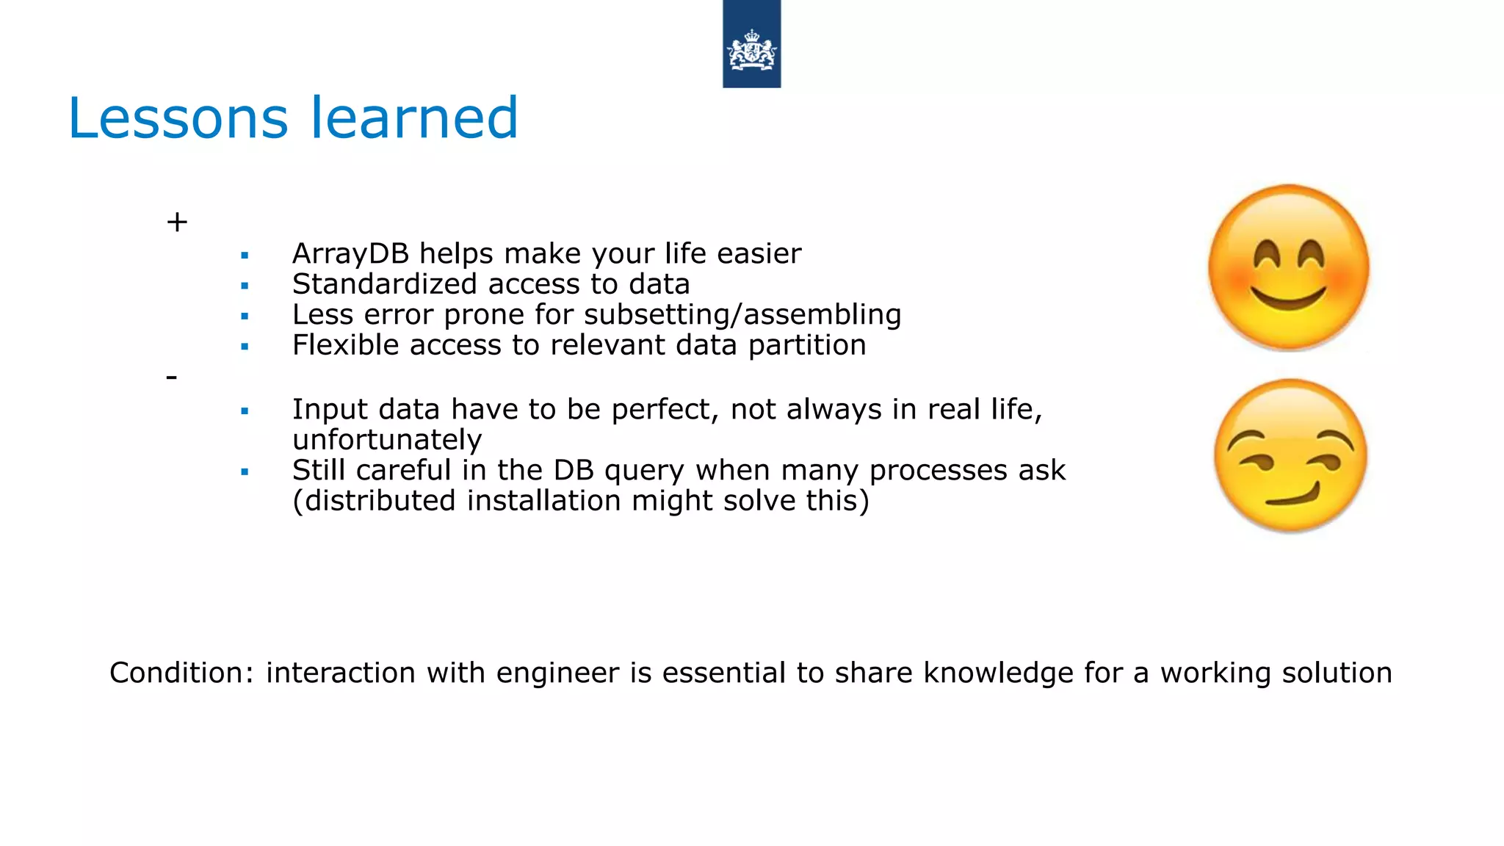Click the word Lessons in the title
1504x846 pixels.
coord(178,118)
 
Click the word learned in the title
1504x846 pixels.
coord(414,118)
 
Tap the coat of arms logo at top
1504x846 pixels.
coord(751,50)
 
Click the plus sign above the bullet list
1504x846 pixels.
coord(177,222)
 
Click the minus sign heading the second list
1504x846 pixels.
coord(172,377)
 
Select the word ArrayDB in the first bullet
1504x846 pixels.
coord(350,254)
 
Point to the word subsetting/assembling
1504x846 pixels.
coord(742,315)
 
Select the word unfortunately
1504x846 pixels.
coord(387,440)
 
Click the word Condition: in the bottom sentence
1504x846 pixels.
coord(181,673)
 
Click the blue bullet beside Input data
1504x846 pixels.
coord(245,411)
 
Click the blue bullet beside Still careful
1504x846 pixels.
coord(245,472)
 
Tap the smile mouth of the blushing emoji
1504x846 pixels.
coord(1288,298)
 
